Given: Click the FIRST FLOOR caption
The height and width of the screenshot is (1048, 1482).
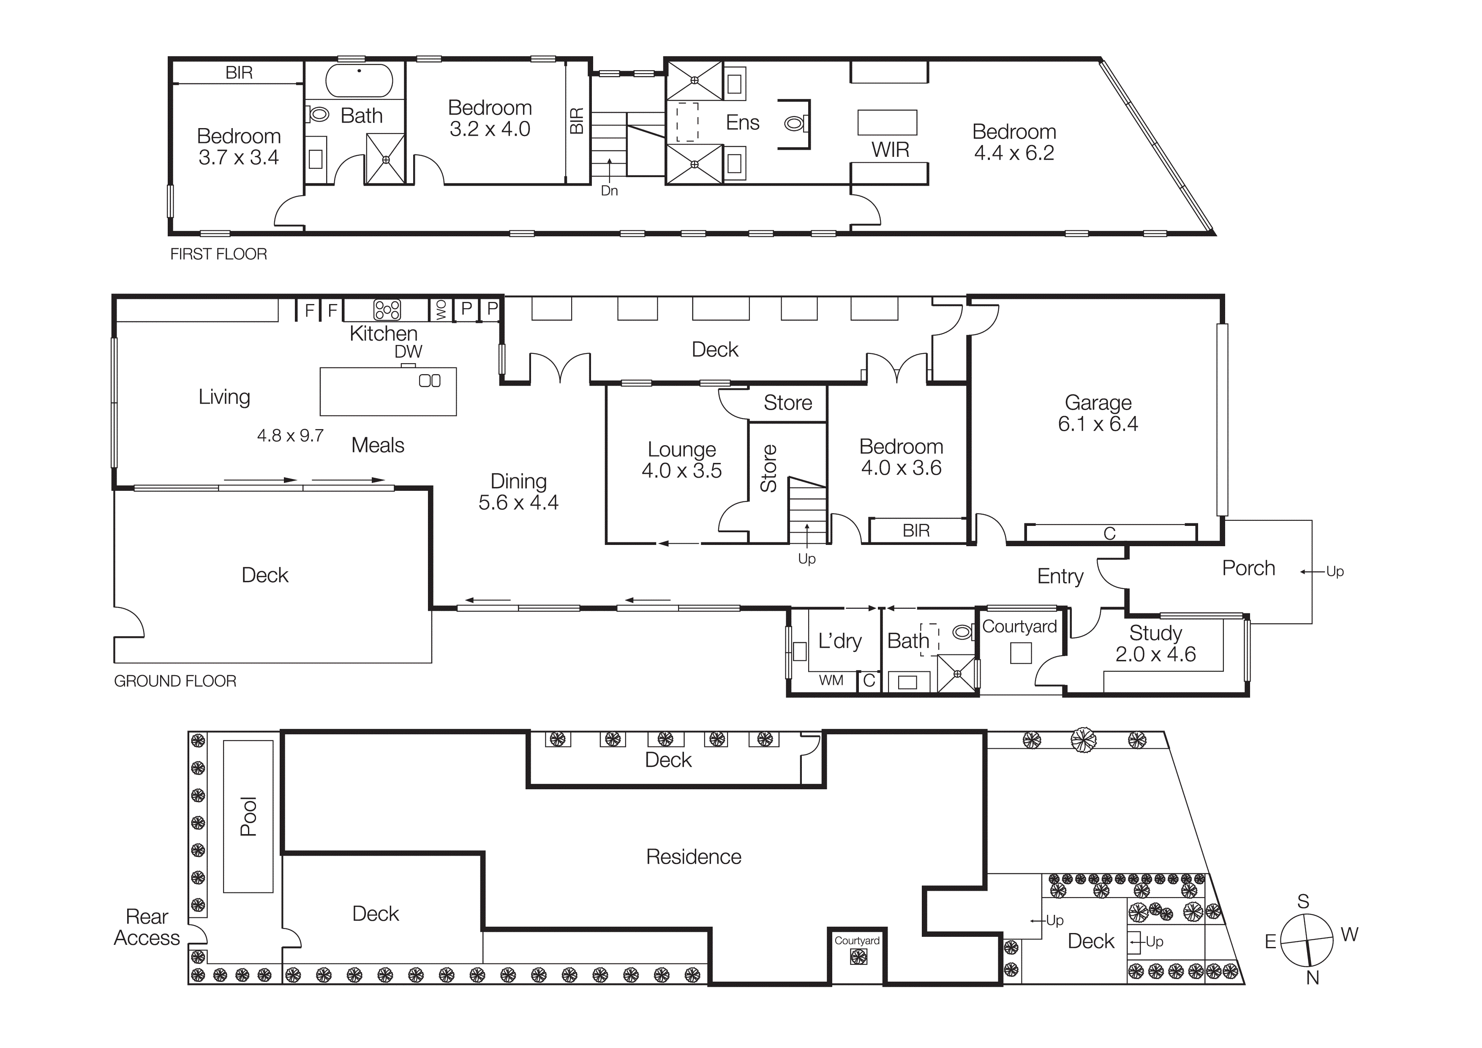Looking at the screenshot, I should [x=218, y=254].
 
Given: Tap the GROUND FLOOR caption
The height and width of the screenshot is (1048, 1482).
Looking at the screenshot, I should [x=175, y=681].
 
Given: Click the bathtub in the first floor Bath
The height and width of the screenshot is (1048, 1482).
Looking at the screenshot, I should [x=359, y=81].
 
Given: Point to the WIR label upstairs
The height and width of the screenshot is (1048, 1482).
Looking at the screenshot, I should [x=890, y=150].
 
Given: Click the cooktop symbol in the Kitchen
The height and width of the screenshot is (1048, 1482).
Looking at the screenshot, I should [x=387, y=310].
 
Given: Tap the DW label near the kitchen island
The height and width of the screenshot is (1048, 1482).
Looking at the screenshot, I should [x=408, y=352].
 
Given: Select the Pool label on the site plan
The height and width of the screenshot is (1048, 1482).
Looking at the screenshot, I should [x=248, y=816].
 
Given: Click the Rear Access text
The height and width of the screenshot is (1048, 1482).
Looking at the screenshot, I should [x=147, y=927].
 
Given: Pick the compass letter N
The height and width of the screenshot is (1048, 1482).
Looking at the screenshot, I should [x=1312, y=978].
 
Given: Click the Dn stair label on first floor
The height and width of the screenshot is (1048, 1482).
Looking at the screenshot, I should [x=609, y=191].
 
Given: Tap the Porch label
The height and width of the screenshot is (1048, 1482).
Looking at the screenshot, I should [x=1248, y=568].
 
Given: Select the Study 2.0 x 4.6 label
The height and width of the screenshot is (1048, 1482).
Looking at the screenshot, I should [x=1155, y=644].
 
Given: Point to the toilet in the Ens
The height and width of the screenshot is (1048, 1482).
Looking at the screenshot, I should [x=795, y=123].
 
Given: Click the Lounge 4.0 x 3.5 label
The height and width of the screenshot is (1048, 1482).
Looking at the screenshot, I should [x=681, y=460].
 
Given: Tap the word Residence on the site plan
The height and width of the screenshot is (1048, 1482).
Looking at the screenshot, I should [x=693, y=857].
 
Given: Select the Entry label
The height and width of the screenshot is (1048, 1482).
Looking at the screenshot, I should [x=1060, y=576].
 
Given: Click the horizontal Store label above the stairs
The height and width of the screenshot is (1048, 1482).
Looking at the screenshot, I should [x=787, y=403].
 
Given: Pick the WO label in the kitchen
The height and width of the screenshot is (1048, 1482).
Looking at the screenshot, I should [x=441, y=310].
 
